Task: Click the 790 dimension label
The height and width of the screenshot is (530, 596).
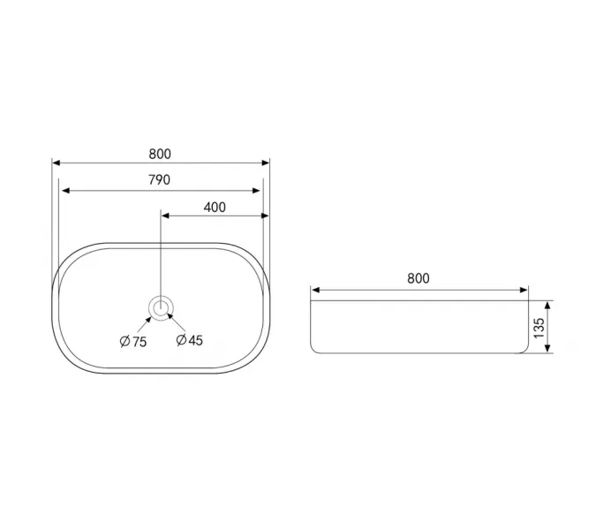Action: click(159, 179)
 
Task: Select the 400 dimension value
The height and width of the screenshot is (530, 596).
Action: click(215, 208)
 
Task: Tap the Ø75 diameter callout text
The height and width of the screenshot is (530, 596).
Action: click(133, 342)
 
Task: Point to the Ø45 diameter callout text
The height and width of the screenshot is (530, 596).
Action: click(189, 340)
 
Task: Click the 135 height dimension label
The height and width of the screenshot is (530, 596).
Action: click(539, 328)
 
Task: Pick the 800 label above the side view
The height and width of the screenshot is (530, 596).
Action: click(419, 278)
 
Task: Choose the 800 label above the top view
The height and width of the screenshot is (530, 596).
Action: click(160, 154)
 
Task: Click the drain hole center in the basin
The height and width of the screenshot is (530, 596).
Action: click(161, 307)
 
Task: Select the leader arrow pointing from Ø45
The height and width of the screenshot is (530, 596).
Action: click(177, 322)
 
